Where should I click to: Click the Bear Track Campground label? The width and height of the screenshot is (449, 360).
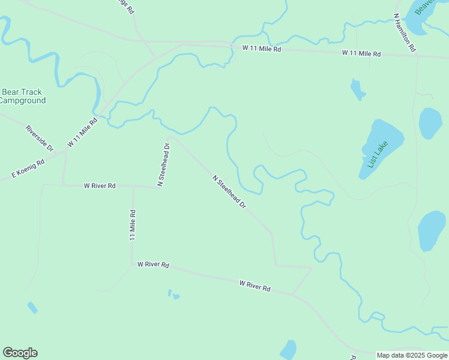point(22,96)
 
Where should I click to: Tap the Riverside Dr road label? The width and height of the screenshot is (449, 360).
point(40,138)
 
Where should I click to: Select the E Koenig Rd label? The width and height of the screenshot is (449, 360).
point(28,169)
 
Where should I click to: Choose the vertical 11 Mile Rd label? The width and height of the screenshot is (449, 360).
point(133,225)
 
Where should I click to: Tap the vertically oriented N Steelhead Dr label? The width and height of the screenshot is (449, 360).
point(163,164)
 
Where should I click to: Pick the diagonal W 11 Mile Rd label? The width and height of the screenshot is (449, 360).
point(83,133)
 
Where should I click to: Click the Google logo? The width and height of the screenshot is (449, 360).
point(20,353)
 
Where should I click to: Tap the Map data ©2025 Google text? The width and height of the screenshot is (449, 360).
point(412,355)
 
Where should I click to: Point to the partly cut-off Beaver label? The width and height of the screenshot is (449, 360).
point(424,7)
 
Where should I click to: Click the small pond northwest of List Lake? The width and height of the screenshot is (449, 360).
point(357,90)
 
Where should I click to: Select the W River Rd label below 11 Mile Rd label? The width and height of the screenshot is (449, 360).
point(153,264)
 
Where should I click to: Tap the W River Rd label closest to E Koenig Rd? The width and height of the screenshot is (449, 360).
point(100,186)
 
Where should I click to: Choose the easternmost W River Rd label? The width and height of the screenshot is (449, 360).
point(255,286)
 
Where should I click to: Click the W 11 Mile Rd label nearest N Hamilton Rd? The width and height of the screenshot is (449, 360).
point(361,53)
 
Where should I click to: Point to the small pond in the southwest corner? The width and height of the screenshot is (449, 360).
point(32,307)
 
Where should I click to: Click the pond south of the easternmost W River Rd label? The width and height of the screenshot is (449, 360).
point(289,350)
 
